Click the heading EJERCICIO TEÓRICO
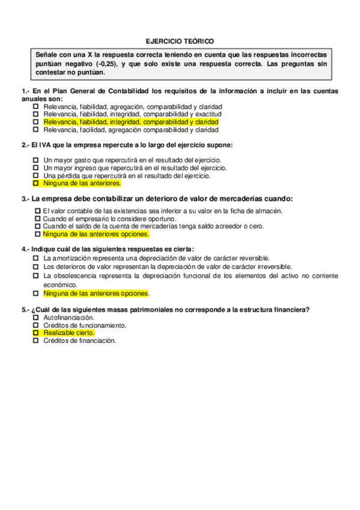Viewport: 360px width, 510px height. (180, 41)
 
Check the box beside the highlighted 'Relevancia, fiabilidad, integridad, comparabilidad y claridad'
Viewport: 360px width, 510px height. (36, 121)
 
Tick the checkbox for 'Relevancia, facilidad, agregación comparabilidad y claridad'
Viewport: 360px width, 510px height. (36, 129)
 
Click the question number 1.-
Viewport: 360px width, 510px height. (26, 91)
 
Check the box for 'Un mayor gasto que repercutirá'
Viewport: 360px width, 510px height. (36, 160)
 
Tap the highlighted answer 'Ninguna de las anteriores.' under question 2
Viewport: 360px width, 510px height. (82, 183)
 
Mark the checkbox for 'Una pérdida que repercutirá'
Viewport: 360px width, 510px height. (36, 176)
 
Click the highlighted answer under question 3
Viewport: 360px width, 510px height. (96, 234)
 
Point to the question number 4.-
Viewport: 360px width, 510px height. (26, 249)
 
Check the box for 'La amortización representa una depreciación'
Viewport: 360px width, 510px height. (36, 257)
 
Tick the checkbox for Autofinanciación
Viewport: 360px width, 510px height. (36, 317)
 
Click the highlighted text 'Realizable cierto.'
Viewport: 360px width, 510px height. (69, 333)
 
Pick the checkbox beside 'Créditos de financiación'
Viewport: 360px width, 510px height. (36, 340)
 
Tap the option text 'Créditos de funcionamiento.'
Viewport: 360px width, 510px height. (85, 325)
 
